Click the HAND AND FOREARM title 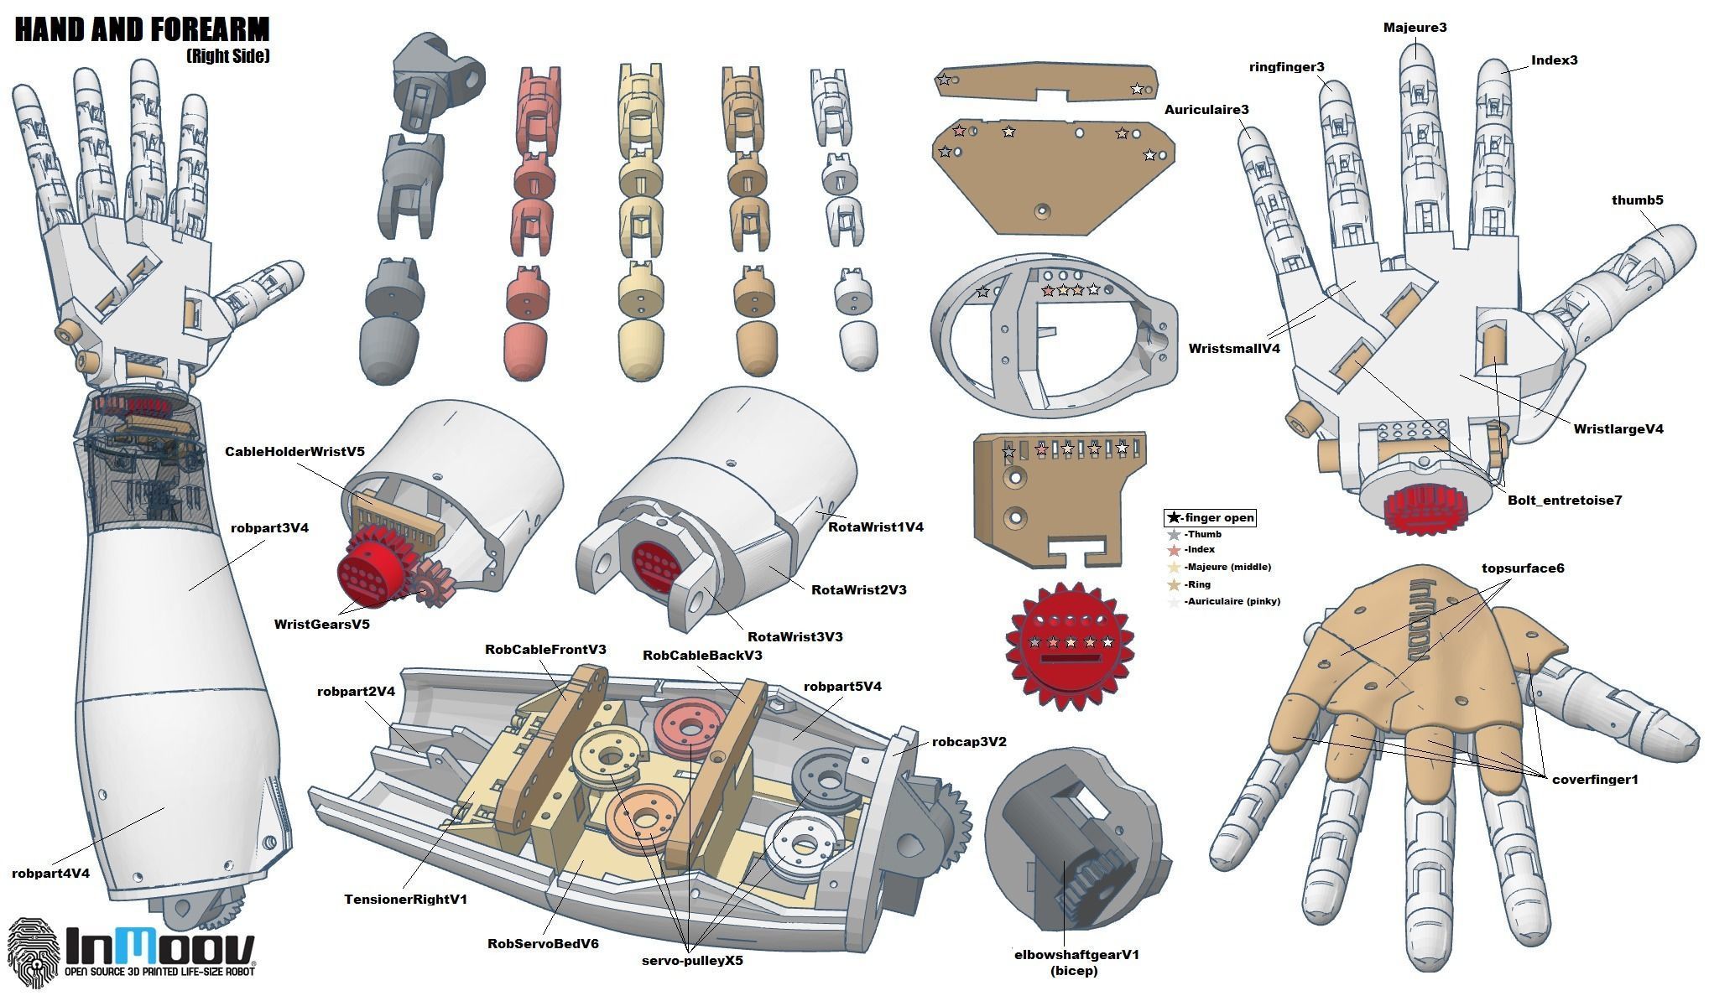[x=142, y=30]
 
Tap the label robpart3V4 [x=269, y=528]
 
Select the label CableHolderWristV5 [x=294, y=451]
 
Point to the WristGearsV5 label [x=321, y=624]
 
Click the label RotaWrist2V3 [x=858, y=589]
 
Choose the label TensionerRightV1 [x=405, y=900]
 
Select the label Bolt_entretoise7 [x=1565, y=501]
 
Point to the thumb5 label [x=1637, y=200]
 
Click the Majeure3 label [x=1415, y=28]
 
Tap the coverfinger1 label [x=1594, y=780]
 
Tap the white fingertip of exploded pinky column [x=858, y=343]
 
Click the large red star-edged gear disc [x=1070, y=646]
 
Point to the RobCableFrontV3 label [x=544, y=650]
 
